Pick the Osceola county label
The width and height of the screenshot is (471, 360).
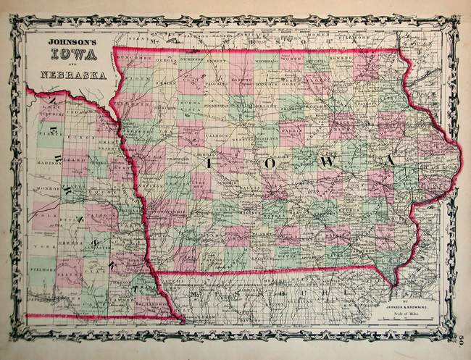(166, 60)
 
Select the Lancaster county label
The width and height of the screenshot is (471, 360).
(103, 248)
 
